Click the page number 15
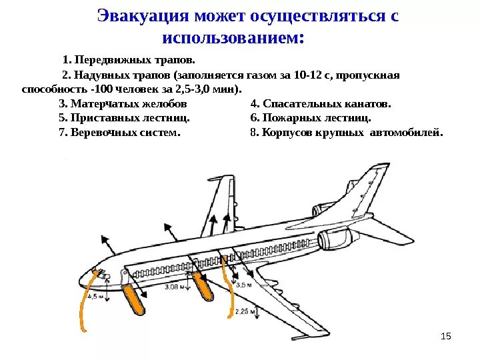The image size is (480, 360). (x=446, y=334)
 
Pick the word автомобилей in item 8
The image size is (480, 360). (x=409, y=133)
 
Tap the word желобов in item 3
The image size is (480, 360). (x=166, y=104)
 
